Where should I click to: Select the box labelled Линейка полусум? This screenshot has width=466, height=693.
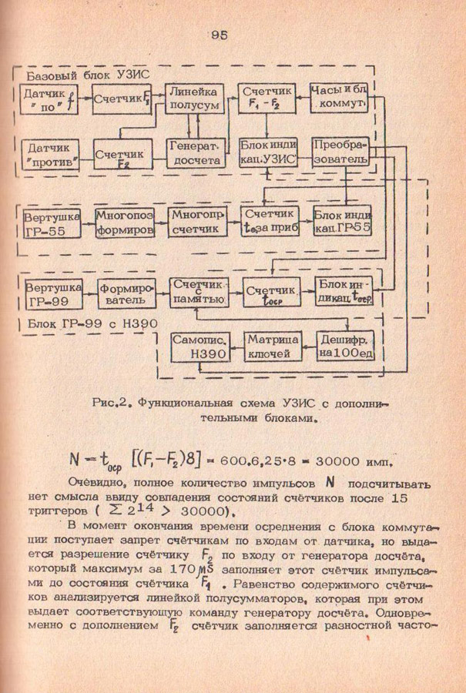(x=196, y=99)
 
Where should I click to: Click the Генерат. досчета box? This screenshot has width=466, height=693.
(x=196, y=152)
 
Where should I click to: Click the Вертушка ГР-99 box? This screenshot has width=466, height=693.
(x=50, y=295)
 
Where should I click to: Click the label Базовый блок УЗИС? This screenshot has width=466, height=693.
(x=88, y=75)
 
